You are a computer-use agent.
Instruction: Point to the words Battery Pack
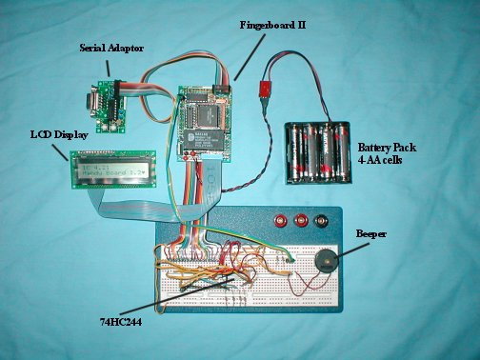click(x=386, y=148)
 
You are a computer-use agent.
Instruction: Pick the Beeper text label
click(x=370, y=233)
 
